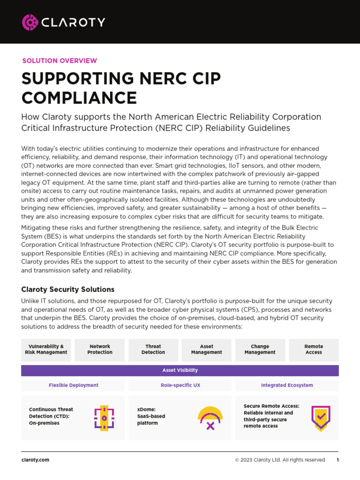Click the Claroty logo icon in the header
tap(30, 22)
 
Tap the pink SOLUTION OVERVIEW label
tap(60, 60)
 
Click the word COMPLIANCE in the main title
tap(79, 97)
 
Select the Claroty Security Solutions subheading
tap(68, 289)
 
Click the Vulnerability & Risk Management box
tap(46, 350)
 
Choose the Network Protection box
tap(100, 350)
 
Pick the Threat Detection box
tap(153, 350)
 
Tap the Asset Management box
tap(206, 350)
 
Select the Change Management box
tap(260, 350)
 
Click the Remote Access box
tap(314, 350)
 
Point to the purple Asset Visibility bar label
tap(180, 370)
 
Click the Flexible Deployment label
tap(74, 385)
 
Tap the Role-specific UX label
tap(180, 385)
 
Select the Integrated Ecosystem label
tap(287, 385)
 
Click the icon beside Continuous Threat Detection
tap(104, 418)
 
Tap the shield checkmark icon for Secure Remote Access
tap(321, 418)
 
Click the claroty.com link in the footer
tap(35, 460)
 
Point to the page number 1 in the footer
tap(337, 460)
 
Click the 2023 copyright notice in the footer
tap(280, 460)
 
